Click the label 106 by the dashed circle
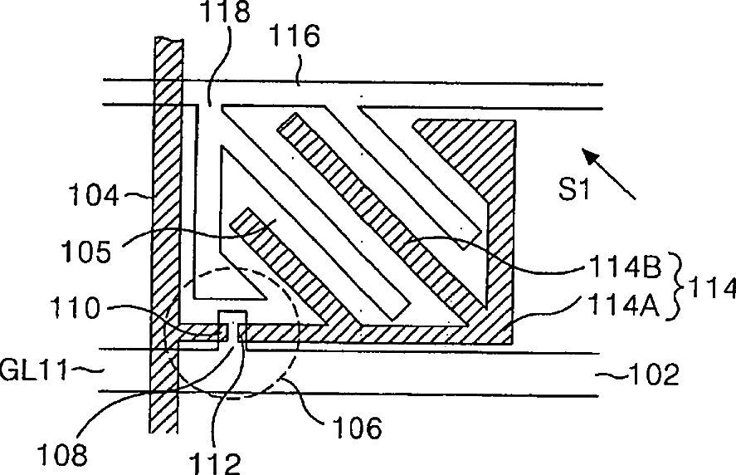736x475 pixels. coord(358,428)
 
